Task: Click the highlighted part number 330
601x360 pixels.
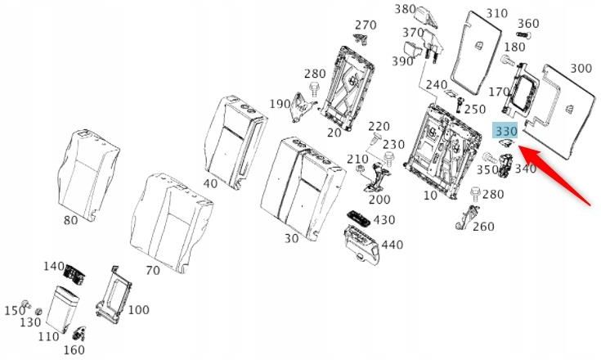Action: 506,131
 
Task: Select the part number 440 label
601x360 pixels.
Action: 392,245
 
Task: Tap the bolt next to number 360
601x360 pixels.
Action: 523,35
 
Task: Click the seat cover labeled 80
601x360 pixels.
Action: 87,174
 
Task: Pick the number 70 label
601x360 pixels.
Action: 153,270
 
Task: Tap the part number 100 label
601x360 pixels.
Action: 138,310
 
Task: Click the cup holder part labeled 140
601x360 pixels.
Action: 74,275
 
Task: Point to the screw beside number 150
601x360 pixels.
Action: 25,304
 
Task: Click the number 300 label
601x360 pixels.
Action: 581,69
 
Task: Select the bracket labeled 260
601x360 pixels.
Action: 467,218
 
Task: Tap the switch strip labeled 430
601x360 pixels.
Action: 359,218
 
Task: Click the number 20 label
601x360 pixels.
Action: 334,133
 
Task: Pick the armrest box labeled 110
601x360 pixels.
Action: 62,308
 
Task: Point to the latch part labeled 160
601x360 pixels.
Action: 79,334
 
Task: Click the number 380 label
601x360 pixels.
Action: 405,9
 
